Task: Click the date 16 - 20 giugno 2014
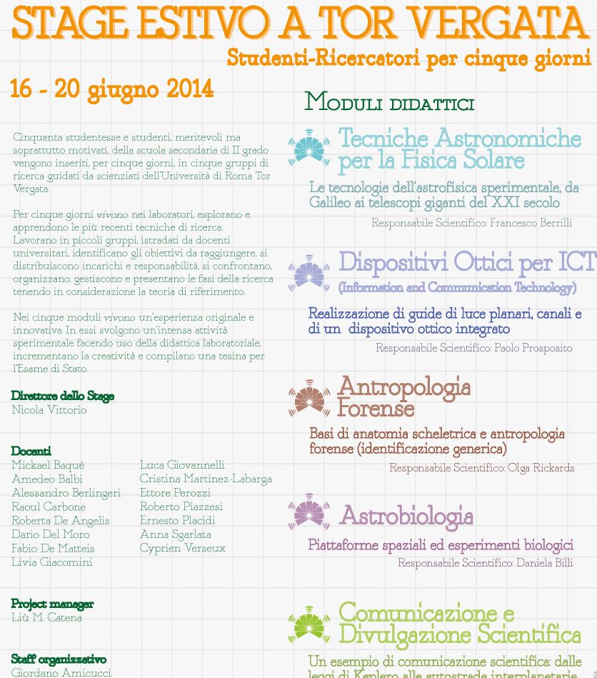tap(111, 90)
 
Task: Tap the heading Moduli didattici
tap(389, 102)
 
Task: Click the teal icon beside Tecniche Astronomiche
tap(309, 148)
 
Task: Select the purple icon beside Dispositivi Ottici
tap(309, 273)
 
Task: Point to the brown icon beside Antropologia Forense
tap(309, 398)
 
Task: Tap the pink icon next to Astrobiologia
tap(309, 512)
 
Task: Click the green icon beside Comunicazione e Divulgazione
tap(309, 624)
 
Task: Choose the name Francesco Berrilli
tap(531, 223)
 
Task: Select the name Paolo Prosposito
tap(533, 348)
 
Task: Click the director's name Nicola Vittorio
tap(49, 410)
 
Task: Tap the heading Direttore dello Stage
tap(63, 396)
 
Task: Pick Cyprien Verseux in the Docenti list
tap(182, 548)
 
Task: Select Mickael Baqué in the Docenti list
tap(48, 465)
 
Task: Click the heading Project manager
tap(52, 604)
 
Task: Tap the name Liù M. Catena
tap(46, 617)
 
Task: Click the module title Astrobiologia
tap(406, 515)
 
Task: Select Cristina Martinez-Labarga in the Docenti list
tap(206, 479)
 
